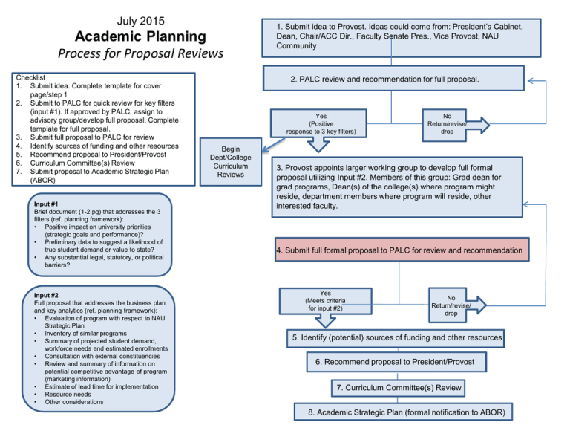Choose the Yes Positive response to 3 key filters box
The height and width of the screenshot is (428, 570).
321,124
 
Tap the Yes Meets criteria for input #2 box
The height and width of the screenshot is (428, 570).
324,301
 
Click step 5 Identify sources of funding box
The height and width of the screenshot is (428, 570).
397,338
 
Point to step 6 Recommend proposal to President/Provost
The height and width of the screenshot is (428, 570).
397,362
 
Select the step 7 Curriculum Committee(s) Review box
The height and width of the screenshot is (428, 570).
398,387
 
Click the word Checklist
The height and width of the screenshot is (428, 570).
32,77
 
